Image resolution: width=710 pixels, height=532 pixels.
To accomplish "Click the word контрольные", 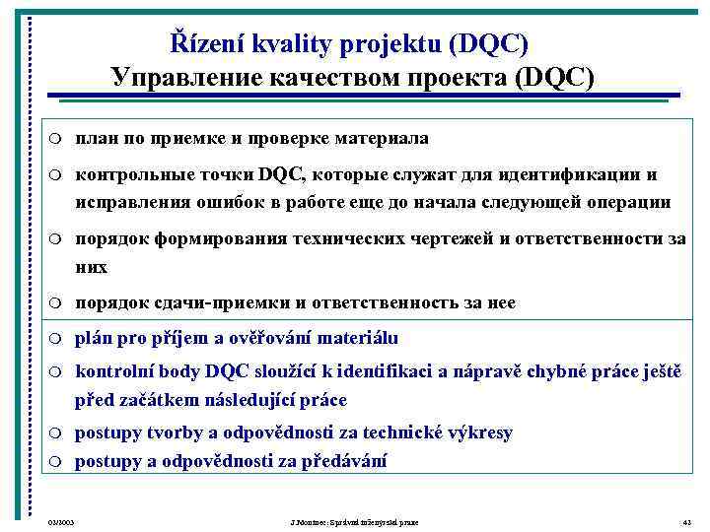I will (x=125, y=174).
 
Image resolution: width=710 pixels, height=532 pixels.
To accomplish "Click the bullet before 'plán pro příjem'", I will (x=56, y=339).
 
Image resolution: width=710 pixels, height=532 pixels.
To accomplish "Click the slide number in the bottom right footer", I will (x=686, y=521).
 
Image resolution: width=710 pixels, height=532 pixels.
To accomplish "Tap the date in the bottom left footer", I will (x=61, y=521).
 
